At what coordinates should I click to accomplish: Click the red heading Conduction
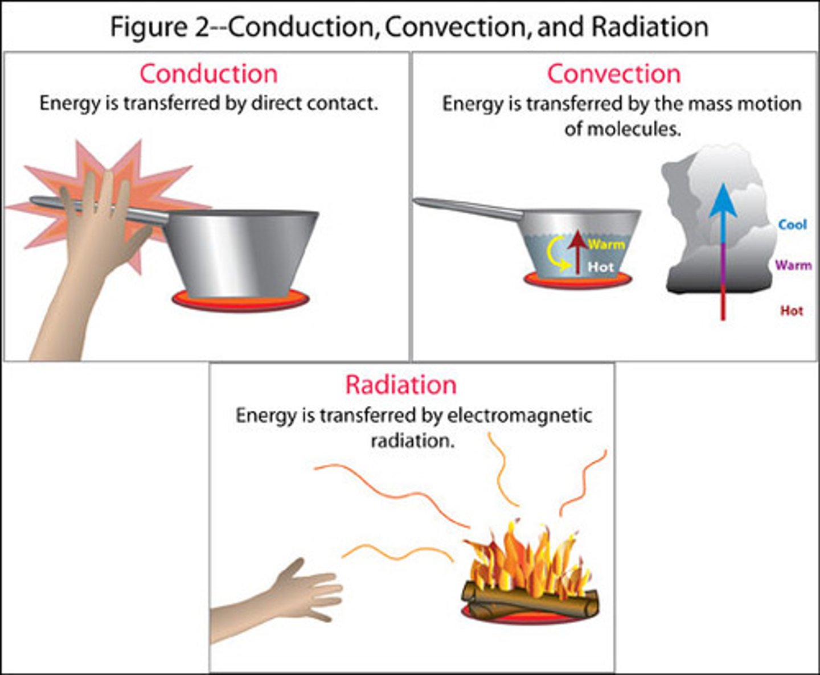pyautogui.click(x=208, y=74)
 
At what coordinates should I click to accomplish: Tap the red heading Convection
pyautogui.click(x=613, y=74)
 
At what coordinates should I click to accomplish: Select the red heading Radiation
pyautogui.click(x=400, y=385)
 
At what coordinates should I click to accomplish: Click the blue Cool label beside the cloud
pyautogui.click(x=792, y=224)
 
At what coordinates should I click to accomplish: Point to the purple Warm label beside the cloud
pyautogui.click(x=793, y=265)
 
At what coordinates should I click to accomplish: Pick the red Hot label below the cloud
pyautogui.click(x=791, y=311)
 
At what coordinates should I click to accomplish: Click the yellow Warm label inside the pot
pyautogui.click(x=606, y=245)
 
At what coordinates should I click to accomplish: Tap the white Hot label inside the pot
pyautogui.click(x=601, y=266)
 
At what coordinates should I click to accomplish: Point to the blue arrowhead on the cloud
pyautogui.click(x=723, y=202)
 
